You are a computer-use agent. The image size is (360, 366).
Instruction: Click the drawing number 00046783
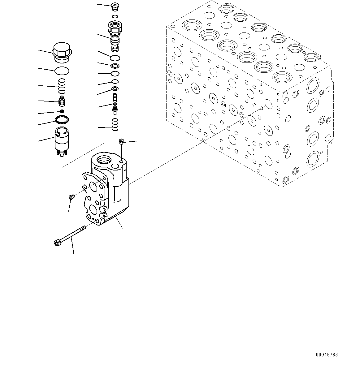[x=327, y=355]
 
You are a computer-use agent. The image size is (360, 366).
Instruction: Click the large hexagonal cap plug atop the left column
[x=62, y=52]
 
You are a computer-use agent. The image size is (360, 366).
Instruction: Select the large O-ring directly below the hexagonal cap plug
[x=62, y=71]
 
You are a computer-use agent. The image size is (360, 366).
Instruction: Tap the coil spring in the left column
[x=62, y=86]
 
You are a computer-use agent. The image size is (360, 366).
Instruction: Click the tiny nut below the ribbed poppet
[x=62, y=111]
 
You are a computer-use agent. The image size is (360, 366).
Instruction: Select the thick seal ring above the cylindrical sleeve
[x=62, y=119]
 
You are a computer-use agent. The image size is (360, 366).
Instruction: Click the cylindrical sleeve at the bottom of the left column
[x=62, y=140]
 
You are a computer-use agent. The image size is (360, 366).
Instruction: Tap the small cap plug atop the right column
[x=115, y=6]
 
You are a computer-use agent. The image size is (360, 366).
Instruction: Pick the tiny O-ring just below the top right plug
[x=115, y=16]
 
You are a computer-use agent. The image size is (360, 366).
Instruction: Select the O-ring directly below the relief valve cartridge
[x=115, y=58]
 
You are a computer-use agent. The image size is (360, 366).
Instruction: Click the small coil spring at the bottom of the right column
[x=115, y=124]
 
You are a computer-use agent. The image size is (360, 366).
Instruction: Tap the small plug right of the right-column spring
[x=121, y=142]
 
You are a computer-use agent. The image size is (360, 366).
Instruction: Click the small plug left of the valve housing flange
[x=71, y=197]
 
